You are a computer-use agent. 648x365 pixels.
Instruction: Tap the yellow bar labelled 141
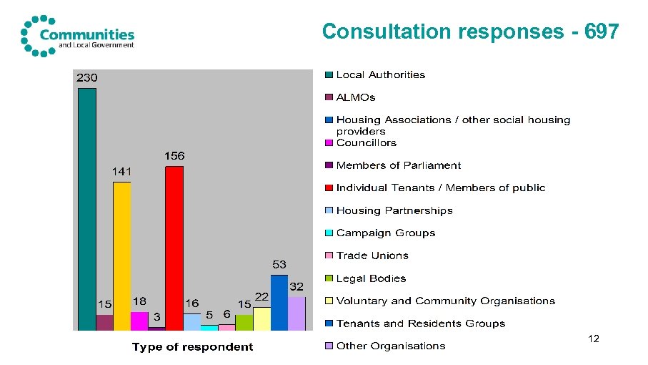coord(122,255)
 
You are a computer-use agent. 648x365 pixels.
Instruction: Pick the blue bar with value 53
coord(279,302)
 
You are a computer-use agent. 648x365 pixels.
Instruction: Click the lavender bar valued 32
coord(296,313)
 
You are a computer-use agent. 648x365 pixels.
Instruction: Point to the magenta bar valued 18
coord(139,321)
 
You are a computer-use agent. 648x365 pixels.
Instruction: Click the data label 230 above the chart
coord(87,77)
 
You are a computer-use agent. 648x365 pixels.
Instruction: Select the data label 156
coord(174,155)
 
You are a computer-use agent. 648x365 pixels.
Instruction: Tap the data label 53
coord(279,265)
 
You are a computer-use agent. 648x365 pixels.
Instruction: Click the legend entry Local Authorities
coord(380,74)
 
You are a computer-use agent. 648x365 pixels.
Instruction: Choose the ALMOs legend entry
coord(355,97)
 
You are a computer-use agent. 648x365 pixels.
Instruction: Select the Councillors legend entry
coord(366,142)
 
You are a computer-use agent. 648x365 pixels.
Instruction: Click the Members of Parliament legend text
coord(398,165)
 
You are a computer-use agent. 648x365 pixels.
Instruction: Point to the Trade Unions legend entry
coord(372,255)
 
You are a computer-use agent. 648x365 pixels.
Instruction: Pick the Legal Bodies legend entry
coord(371,278)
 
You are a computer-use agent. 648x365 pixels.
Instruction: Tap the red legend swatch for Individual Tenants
coord(329,188)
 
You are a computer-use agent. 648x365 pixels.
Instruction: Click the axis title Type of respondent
coord(192,347)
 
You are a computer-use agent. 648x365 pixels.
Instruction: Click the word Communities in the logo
coord(87,34)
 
